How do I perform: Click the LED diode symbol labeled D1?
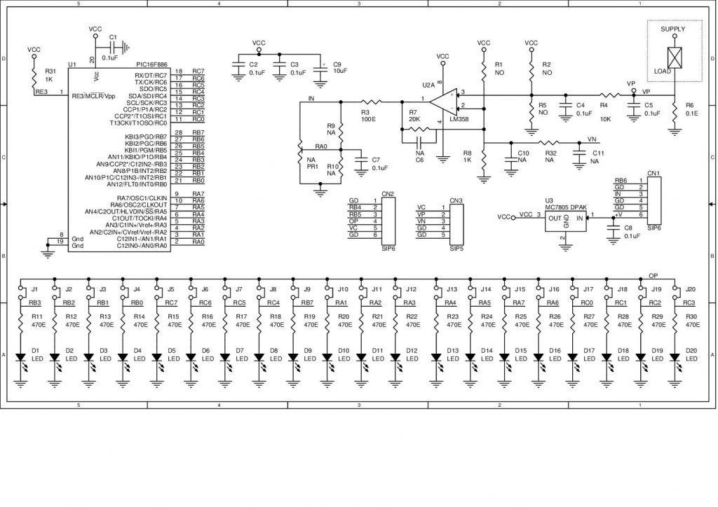[x=21, y=356]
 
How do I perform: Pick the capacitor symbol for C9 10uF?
[x=320, y=68]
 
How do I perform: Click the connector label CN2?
[x=387, y=193]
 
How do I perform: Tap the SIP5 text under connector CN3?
[x=456, y=249]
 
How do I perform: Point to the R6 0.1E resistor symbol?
[x=675, y=110]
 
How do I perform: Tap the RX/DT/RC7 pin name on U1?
[x=151, y=75]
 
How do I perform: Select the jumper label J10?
[x=343, y=289]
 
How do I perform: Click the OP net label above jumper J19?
[x=653, y=275]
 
